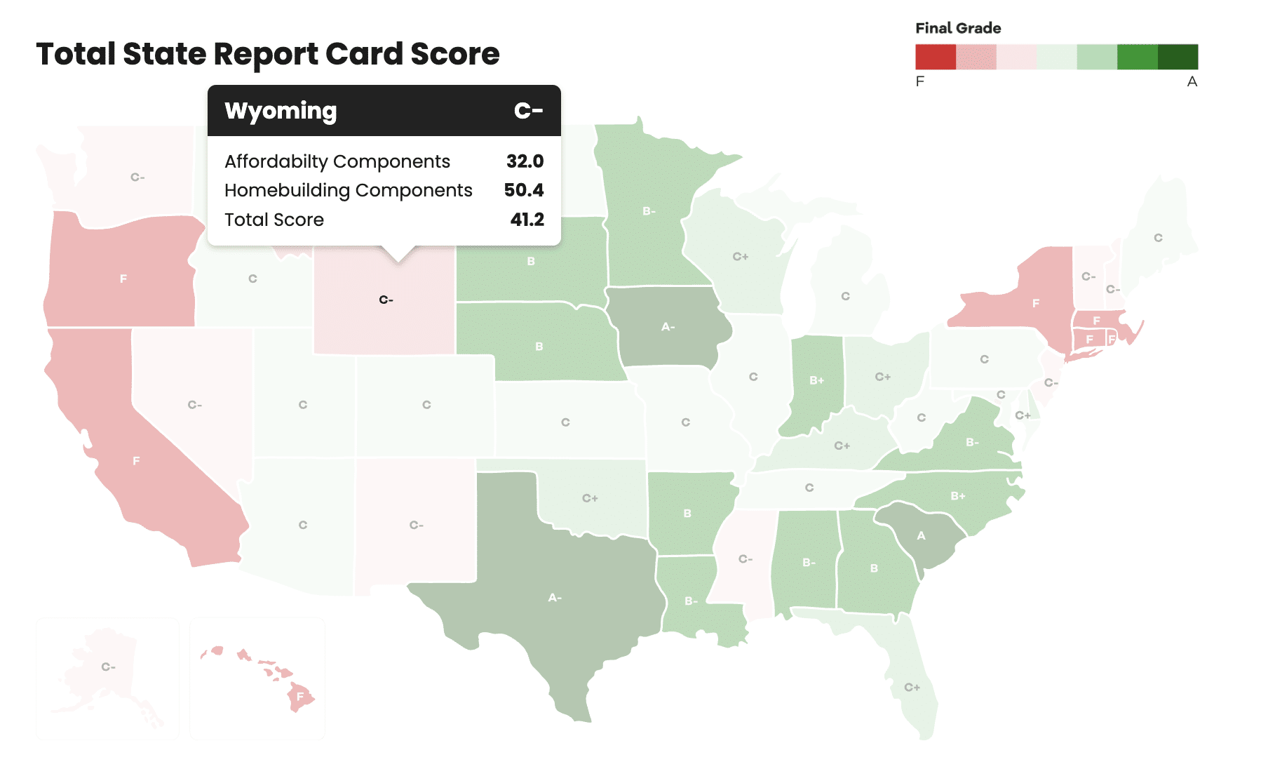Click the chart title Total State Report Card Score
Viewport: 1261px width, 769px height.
tap(267, 54)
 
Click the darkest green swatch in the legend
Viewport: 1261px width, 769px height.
tap(1178, 57)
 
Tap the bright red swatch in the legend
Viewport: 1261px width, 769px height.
tap(936, 57)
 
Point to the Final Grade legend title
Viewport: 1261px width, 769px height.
tap(958, 28)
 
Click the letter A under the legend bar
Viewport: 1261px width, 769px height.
tap(1192, 81)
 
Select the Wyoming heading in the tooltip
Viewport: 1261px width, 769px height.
tap(281, 111)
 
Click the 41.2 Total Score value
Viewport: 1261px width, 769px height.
tap(527, 220)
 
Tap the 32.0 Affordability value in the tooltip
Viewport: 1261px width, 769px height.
tap(525, 161)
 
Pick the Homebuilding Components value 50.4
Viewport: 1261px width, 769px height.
tap(523, 190)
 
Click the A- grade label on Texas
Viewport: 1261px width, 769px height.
tap(555, 598)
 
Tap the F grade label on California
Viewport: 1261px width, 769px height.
tap(136, 461)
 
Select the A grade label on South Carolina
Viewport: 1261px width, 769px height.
tap(922, 536)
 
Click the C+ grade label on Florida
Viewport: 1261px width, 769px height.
tap(912, 688)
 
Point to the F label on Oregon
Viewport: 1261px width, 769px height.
tap(123, 279)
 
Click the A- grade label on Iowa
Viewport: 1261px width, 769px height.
tap(668, 327)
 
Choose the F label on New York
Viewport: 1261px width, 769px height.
tap(1036, 304)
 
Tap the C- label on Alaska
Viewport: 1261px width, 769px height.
tap(108, 667)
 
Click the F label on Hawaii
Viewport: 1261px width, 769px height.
tap(300, 697)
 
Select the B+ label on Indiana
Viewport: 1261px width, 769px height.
tap(817, 380)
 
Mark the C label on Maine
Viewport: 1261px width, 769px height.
tap(1158, 238)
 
